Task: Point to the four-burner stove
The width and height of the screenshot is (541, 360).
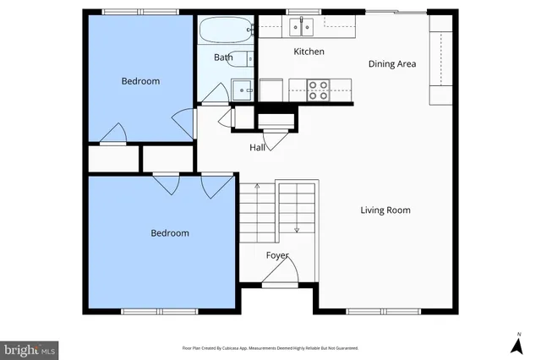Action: coord(318,89)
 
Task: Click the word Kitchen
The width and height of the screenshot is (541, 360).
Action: coord(309,52)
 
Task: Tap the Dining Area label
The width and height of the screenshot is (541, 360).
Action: coord(392,63)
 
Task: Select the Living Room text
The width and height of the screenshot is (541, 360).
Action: coord(385,210)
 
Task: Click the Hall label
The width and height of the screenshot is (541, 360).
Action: coord(258,148)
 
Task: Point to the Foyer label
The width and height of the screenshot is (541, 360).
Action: coord(277,255)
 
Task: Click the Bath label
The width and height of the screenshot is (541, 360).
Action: coord(222,57)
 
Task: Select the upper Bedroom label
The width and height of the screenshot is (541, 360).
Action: coord(140,81)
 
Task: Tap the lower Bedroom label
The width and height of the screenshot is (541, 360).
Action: coord(170,233)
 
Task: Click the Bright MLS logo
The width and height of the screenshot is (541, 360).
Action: coord(30,348)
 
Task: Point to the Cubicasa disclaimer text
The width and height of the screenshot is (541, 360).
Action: coord(270,348)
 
